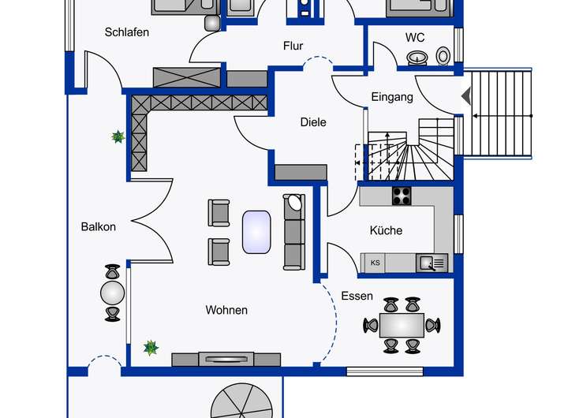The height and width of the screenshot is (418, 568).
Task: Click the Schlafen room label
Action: [x=127, y=32]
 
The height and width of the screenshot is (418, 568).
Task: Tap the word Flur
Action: [x=293, y=46]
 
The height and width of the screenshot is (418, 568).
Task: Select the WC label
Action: [x=415, y=37]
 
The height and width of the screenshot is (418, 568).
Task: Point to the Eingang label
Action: [x=392, y=97]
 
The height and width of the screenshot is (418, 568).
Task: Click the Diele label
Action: [x=313, y=122]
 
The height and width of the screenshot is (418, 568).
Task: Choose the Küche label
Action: [x=386, y=230]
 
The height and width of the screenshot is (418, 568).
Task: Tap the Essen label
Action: [x=357, y=296]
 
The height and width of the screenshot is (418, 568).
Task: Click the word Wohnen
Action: [x=226, y=310]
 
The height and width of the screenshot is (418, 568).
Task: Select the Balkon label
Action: [x=98, y=226]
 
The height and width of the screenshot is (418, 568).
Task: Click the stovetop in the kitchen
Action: [x=402, y=195]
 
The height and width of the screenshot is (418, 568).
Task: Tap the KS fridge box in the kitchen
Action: [x=376, y=263]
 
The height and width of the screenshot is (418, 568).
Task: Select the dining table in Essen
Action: [x=402, y=324]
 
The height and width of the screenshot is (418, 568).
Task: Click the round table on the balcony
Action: [x=113, y=293]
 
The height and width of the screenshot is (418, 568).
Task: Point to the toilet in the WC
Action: [x=443, y=55]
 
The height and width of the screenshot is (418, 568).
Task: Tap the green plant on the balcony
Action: [x=118, y=137]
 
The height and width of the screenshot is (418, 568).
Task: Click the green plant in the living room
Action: [x=151, y=347]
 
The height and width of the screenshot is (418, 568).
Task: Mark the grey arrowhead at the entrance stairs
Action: [x=465, y=96]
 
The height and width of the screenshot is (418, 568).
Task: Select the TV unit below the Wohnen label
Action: [x=226, y=359]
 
